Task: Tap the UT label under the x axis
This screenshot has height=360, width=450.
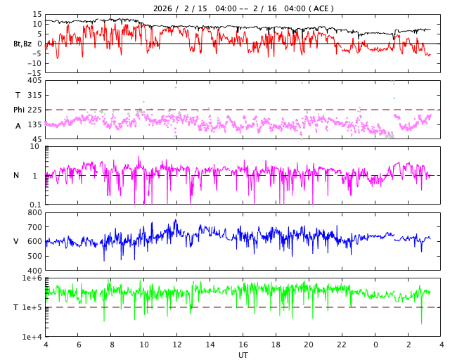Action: pos(243,355)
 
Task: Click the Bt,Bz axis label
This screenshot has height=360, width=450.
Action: pos(22,44)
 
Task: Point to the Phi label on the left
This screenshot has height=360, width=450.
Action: pos(19,110)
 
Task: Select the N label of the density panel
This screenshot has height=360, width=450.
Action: pos(17,175)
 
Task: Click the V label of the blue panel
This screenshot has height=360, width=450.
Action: pos(16,241)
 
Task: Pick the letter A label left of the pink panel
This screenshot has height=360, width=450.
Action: pos(18,125)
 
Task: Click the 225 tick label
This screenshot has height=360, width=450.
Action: pos(35,110)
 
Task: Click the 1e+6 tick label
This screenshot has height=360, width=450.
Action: pos(32,278)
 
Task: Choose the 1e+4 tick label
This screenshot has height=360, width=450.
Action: pos(32,336)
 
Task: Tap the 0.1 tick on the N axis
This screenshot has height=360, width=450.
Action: pos(34,204)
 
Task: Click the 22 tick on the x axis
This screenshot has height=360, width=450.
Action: pos(342,345)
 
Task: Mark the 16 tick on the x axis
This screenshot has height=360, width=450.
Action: pos(243,345)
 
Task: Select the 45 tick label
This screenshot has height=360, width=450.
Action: pos(37,139)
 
